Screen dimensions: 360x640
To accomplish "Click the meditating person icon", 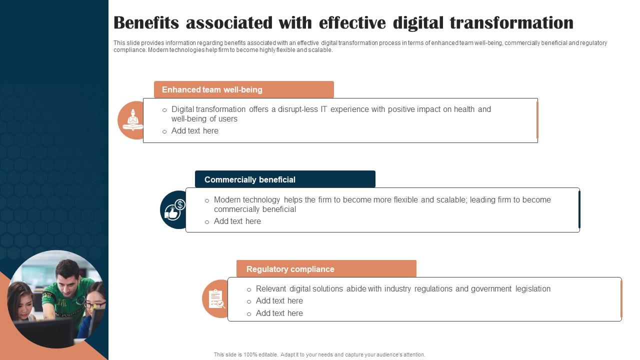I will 132,120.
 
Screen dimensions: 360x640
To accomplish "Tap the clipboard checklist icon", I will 216,299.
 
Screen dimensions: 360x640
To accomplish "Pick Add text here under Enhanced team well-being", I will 194,131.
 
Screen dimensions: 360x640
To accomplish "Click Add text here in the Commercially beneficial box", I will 237,221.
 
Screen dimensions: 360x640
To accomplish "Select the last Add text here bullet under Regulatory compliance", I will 279,313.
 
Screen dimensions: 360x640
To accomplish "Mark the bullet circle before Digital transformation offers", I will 164,110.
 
